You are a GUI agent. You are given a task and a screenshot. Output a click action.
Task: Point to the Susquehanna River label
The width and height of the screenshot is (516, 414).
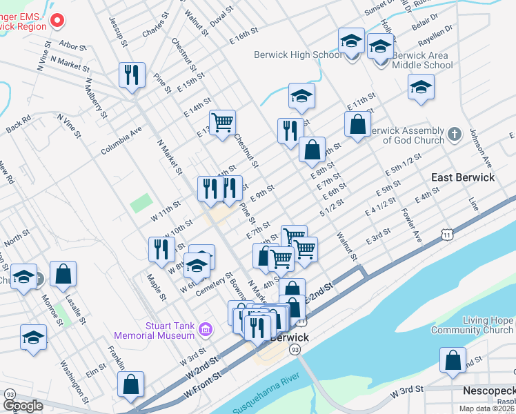click(274, 395)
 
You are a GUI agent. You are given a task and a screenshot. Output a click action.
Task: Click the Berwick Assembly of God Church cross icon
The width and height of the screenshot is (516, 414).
click(455, 135)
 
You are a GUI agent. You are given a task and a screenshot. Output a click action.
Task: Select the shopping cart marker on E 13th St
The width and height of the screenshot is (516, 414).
click(222, 124)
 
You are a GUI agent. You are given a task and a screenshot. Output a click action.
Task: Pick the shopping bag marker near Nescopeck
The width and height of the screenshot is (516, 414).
click(453, 360)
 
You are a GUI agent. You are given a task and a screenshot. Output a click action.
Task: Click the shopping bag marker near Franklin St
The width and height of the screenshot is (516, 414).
click(130, 384)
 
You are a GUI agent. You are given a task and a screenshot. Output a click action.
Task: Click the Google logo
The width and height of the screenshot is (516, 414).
click(23, 406)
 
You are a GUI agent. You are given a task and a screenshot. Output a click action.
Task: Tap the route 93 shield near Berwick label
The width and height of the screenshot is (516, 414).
click(295, 350)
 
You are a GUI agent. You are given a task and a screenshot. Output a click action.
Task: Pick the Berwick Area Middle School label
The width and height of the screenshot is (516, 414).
click(422, 61)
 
